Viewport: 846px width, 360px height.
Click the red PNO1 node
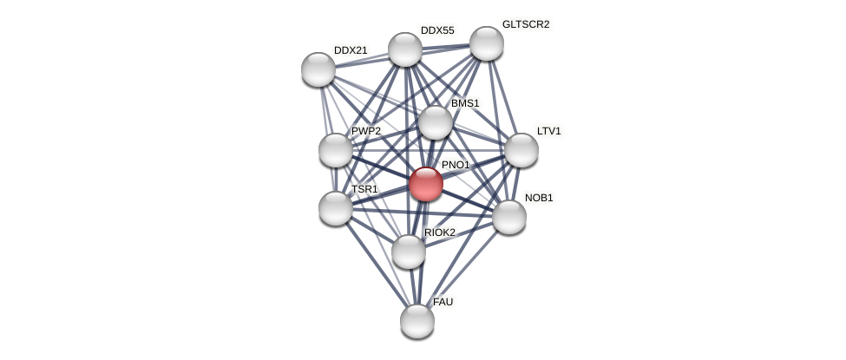[x=426, y=184]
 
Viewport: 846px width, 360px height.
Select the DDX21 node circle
[x=318, y=69]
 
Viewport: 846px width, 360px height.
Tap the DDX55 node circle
[x=405, y=49]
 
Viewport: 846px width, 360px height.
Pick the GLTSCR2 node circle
[x=487, y=43]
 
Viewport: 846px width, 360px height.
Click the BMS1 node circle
[x=436, y=122]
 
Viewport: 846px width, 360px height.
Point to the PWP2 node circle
[x=336, y=150]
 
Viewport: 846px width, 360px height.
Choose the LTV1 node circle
[x=521, y=150]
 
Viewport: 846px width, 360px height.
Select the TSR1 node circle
[x=336, y=208]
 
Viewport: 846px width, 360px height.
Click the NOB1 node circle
[x=509, y=217]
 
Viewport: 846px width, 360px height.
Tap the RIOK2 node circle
[x=409, y=252]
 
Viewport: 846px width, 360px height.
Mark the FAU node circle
[x=417, y=321]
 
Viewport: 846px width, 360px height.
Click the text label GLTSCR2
[x=526, y=24]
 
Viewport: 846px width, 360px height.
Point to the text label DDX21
[x=351, y=50]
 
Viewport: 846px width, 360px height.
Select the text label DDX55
[x=437, y=30]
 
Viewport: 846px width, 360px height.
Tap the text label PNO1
[x=456, y=165]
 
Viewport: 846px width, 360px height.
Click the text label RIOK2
[x=440, y=232]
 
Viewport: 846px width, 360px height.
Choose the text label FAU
[x=443, y=302]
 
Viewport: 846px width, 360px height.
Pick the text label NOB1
[x=539, y=198]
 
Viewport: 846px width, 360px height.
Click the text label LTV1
[x=549, y=131]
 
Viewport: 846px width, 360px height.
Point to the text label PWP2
[x=366, y=131]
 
